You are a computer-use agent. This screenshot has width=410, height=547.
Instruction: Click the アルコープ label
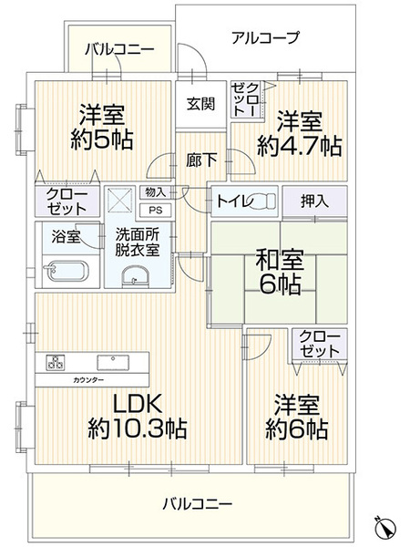point(265,37)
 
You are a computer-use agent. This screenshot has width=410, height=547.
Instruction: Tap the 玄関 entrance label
point(200,104)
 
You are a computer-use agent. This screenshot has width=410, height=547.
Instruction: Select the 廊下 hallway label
point(201,160)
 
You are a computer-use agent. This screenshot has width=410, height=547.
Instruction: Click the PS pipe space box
point(156,211)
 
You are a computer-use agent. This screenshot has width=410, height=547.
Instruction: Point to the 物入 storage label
point(156,192)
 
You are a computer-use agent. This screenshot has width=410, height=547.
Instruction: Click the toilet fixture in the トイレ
point(265,201)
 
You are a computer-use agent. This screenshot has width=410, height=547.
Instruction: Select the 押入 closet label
point(314,201)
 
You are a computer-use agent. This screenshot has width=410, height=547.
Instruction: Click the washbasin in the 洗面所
point(136,276)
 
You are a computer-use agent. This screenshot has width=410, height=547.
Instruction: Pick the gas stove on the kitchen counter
point(55,362)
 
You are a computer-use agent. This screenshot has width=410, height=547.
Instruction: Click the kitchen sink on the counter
point(113,362)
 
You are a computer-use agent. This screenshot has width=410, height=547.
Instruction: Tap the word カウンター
point(88,380)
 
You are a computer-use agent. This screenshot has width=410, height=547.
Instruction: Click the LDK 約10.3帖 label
point(137,417)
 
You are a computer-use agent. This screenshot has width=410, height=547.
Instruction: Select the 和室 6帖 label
point(280,272)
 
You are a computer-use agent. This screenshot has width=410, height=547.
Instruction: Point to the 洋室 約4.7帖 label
point(300,134)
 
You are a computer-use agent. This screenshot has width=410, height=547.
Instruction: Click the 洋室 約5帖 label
point(102,127)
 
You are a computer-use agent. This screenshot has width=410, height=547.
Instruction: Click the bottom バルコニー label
point(198,504)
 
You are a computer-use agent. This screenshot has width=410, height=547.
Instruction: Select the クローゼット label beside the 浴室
point(67,201)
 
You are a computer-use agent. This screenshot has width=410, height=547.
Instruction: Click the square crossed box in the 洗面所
point(120,199)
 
